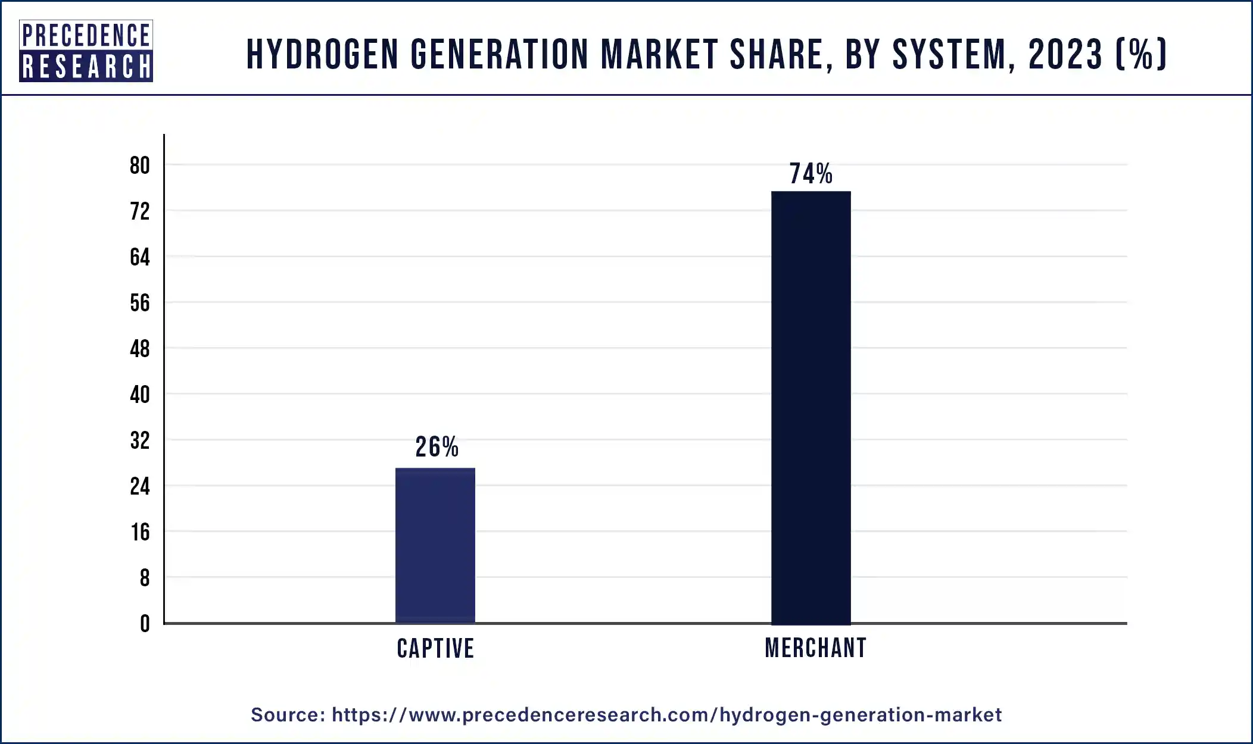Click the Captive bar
tap(435, 545)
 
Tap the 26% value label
tap(437, 447)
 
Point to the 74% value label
tap(811, 174)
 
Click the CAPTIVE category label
tap(435, 648)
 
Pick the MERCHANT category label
tap(815, 648)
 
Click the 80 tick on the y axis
tap(140, 165)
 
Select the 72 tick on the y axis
tap(140, 211)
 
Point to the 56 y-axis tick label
tap(140, 303)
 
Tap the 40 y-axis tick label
tap(140, 395)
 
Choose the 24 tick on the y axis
tap(140, 486)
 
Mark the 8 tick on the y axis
tap(145, 578)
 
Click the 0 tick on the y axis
tap(145, 624)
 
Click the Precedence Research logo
tap(86, 51)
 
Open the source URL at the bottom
tap(666, 714)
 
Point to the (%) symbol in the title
tap(1140, 54)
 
